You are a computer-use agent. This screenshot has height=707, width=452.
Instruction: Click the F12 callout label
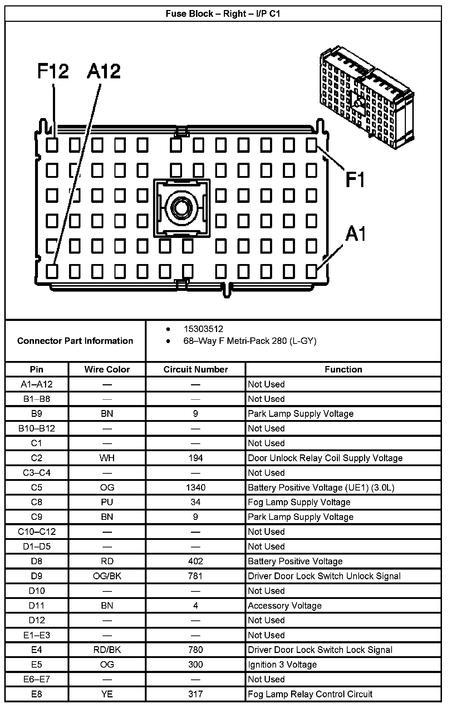tap(53, 71)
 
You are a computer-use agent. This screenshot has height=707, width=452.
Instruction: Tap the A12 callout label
tap(104, 71)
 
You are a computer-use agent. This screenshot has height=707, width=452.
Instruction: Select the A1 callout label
tap(355, 234)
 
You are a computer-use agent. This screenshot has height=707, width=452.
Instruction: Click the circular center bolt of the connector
tap(182, 207)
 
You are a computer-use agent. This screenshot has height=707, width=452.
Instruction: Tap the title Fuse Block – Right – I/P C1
tap(223, 14)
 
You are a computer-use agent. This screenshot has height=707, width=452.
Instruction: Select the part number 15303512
tap(203, 329)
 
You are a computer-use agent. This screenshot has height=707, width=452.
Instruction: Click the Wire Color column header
tap(107, 369)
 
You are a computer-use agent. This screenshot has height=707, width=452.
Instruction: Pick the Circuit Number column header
tap(196, 369)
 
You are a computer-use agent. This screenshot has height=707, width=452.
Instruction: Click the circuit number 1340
tap(196, 487)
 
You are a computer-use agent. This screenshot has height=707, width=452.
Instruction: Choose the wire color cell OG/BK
tap(107, 576)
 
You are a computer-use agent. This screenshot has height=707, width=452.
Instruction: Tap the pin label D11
tap(36, 605)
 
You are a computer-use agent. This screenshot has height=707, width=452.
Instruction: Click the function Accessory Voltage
tap(285, 605)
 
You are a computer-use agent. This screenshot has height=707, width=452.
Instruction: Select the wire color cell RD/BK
tap(107, 650)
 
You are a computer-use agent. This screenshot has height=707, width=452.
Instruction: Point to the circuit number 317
tap(196, 694)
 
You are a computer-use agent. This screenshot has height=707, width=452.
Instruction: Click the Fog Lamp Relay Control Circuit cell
tap(310, 694)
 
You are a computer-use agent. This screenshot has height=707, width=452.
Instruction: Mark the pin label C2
tap(36, 458)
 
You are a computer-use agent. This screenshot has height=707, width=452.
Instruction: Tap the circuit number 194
tap(196, 458)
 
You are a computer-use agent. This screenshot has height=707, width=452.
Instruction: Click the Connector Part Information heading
tap(75, 341)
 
